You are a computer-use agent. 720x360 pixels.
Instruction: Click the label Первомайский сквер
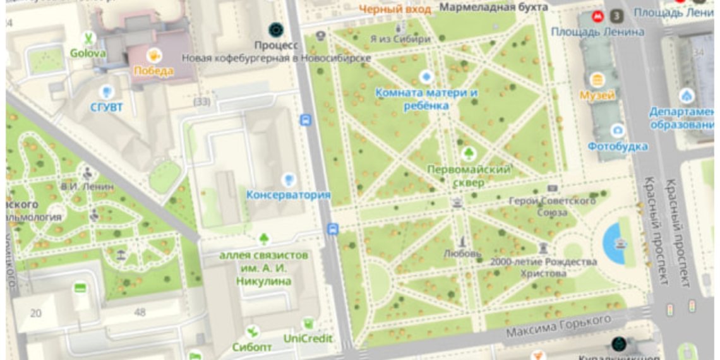pyautogui.click(x=469, y=176)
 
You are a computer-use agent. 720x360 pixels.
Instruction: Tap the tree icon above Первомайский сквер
pyautogui.click(x=469, y=153)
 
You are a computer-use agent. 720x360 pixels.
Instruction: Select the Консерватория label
pyautogui.click(x=288, y=195)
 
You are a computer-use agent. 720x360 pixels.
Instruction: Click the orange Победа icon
pyautogui.click(x=153, y=56)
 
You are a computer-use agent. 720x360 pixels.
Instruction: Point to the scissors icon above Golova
pyautogui.click(x=89, y=39)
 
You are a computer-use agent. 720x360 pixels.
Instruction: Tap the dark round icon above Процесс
pyautogui.click(x=276, y=29)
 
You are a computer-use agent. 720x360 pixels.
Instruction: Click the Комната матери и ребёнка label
pyautogui.click(x=427, y=99)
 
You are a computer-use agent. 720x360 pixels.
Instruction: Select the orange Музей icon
pyautogui.click(x=597, y=80)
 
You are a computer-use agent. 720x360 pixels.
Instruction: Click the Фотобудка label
pyautogui.click(x=617, y=147)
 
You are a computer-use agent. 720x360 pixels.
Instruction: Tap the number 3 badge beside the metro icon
pyautogui.click(x=616, y=15)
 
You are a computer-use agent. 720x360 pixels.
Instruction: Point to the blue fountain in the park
pyautogui.click(x=614, y=243)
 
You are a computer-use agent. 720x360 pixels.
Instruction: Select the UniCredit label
pyautogui.click(x=308, y=339)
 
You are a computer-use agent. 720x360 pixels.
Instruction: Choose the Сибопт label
pyautogui.click(x=252, y=347)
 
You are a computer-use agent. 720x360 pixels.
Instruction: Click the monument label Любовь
pyautogui.click(x=462, y=253)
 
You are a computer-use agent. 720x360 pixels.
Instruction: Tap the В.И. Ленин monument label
pyautogui.click(x=87, y=186)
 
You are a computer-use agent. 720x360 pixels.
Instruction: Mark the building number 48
pyautogui.click(x=140, y=312)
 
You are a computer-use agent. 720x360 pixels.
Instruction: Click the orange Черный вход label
pyautogui.click(x=395, y=9)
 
